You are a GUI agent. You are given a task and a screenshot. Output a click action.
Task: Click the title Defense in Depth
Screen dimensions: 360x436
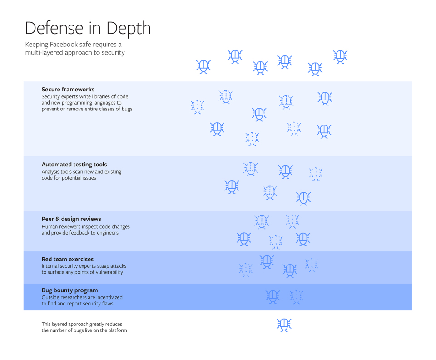click(x=88, y=28)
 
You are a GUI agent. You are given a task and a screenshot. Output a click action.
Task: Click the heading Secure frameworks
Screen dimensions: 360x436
click(x=68, y=90)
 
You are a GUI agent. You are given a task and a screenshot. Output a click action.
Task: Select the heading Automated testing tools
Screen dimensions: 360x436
click(x=74, y=165)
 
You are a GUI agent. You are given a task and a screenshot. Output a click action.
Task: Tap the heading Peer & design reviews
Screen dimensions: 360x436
click(x=71, y=219)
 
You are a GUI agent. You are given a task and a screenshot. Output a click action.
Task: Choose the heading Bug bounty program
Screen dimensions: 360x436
click(x=69, y=290)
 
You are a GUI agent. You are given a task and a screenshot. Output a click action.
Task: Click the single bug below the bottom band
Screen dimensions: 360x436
click(x=284, y=325)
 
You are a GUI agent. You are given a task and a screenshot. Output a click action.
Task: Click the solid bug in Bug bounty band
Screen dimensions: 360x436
click(x=272, y=297)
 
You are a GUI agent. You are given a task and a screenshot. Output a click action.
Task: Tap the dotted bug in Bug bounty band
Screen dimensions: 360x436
click(x=296, y=297)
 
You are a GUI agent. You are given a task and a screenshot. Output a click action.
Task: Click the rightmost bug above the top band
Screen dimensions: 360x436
click(x=340, y=56)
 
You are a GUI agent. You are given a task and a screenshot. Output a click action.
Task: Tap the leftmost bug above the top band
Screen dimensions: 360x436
click(x=203, y=66)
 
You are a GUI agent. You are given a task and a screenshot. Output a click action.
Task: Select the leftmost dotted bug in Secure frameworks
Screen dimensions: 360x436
click(x=197, y=107)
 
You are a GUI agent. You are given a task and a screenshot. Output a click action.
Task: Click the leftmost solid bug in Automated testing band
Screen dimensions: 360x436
click(x=232, y=187)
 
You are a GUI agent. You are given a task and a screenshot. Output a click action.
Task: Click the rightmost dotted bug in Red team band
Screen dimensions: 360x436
click(x=312, y=265)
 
